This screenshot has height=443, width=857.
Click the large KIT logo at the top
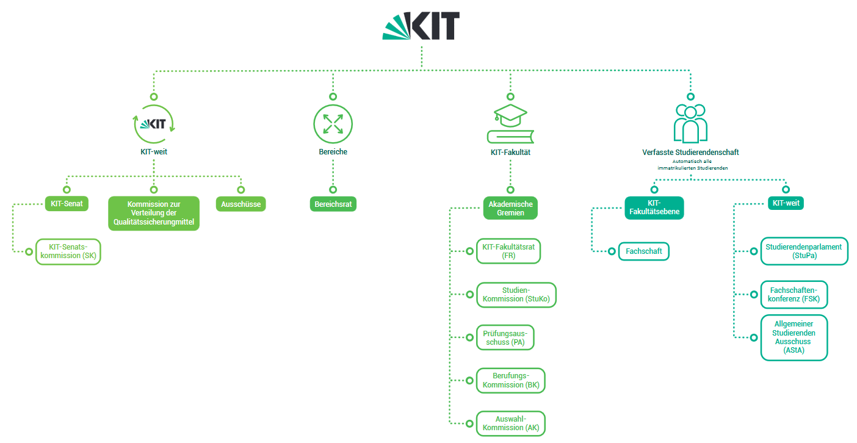(x=421, y=25)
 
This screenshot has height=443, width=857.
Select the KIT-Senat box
(x=67, y=204)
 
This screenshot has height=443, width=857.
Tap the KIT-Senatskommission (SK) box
(x=69, y=251)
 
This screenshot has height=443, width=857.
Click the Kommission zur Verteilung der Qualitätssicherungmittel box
(x=154, y=213)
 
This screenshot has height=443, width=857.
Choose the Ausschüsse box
(x=241, y=204)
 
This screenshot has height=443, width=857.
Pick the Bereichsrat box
(x=333, y=204)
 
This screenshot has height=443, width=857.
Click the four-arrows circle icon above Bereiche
(x=333, y=124)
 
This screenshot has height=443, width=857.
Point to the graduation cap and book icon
(x=510, y=124)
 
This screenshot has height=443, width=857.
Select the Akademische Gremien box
(x=510, y=208)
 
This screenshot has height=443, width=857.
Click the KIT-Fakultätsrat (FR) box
(x=508, y=251)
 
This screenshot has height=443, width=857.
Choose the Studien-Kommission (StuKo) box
(x=516, y=295)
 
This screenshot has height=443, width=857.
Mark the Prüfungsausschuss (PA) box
(x=505, y=337)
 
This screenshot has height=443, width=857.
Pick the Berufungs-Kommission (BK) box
(x=510, y=380)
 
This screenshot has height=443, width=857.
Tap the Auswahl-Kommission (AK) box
(x=510, y=423)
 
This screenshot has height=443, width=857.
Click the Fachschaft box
(x=644, y=251)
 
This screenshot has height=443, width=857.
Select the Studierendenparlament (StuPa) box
(x=804, y=251)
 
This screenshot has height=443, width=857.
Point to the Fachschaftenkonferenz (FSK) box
(x=794, y=295)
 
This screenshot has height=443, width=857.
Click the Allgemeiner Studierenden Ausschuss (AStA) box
(x=794, y=337)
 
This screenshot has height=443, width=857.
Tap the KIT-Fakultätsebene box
(x=654, y=208)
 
